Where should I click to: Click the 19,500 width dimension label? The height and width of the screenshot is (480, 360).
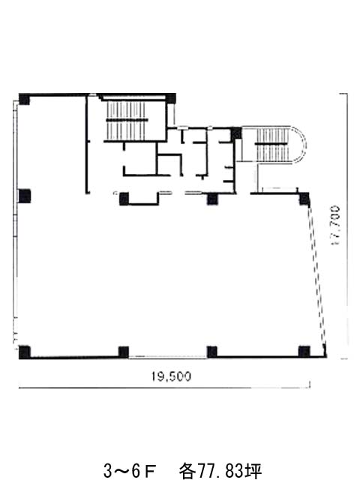tap(172, 376)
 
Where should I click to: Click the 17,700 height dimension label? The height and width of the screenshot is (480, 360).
tap(335, 226)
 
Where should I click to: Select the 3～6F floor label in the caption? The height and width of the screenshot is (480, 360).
tap(130, 470)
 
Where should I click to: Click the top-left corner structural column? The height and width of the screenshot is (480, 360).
tap(24, 99)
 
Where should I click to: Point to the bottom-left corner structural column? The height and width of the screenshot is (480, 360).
tap(25, 352)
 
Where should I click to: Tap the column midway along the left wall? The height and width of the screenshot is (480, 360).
tap(25, 196)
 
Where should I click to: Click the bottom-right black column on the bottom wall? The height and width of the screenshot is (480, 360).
tap(304, 352)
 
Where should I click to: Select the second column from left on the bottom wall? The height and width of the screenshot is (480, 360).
tap(124, 352)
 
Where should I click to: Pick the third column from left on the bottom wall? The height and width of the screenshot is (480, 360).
tap(211, 352)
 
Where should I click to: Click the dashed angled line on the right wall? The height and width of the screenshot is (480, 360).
tap(316, 275)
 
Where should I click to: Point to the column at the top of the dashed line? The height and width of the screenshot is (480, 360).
tap(304, 199)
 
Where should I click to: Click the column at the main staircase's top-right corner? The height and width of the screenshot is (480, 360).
tap(171, 98)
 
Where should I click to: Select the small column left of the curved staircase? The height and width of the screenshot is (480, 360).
tap(236, 133)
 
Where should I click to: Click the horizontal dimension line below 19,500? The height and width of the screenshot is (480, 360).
tap(165, 388)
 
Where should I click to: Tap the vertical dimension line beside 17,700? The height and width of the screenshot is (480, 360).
tap(347, 226)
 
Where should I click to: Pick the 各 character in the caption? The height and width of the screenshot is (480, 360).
tap(187, 471)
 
